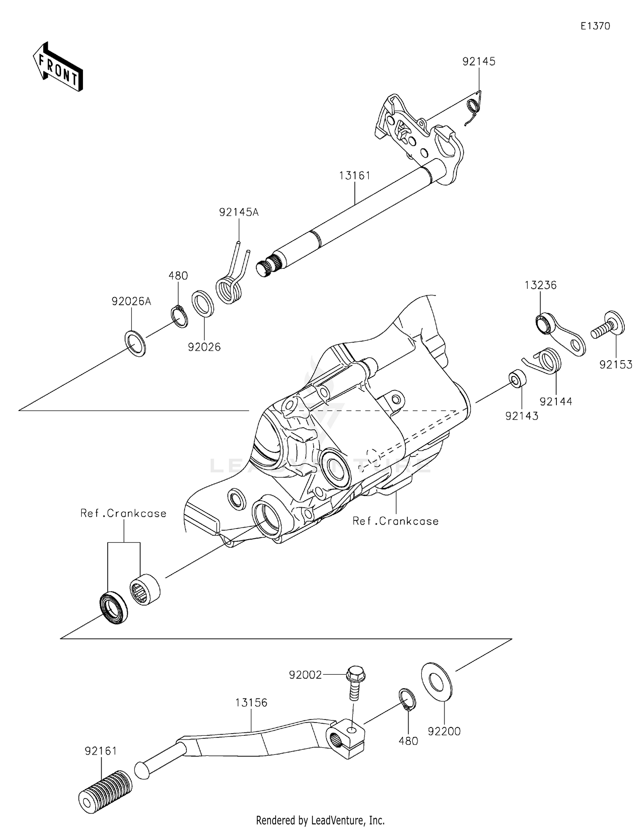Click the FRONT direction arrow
tap(58, 68)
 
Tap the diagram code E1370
tap(595, 26)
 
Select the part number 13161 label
tap(355, 176)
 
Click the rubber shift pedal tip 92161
tap(105, 788)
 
